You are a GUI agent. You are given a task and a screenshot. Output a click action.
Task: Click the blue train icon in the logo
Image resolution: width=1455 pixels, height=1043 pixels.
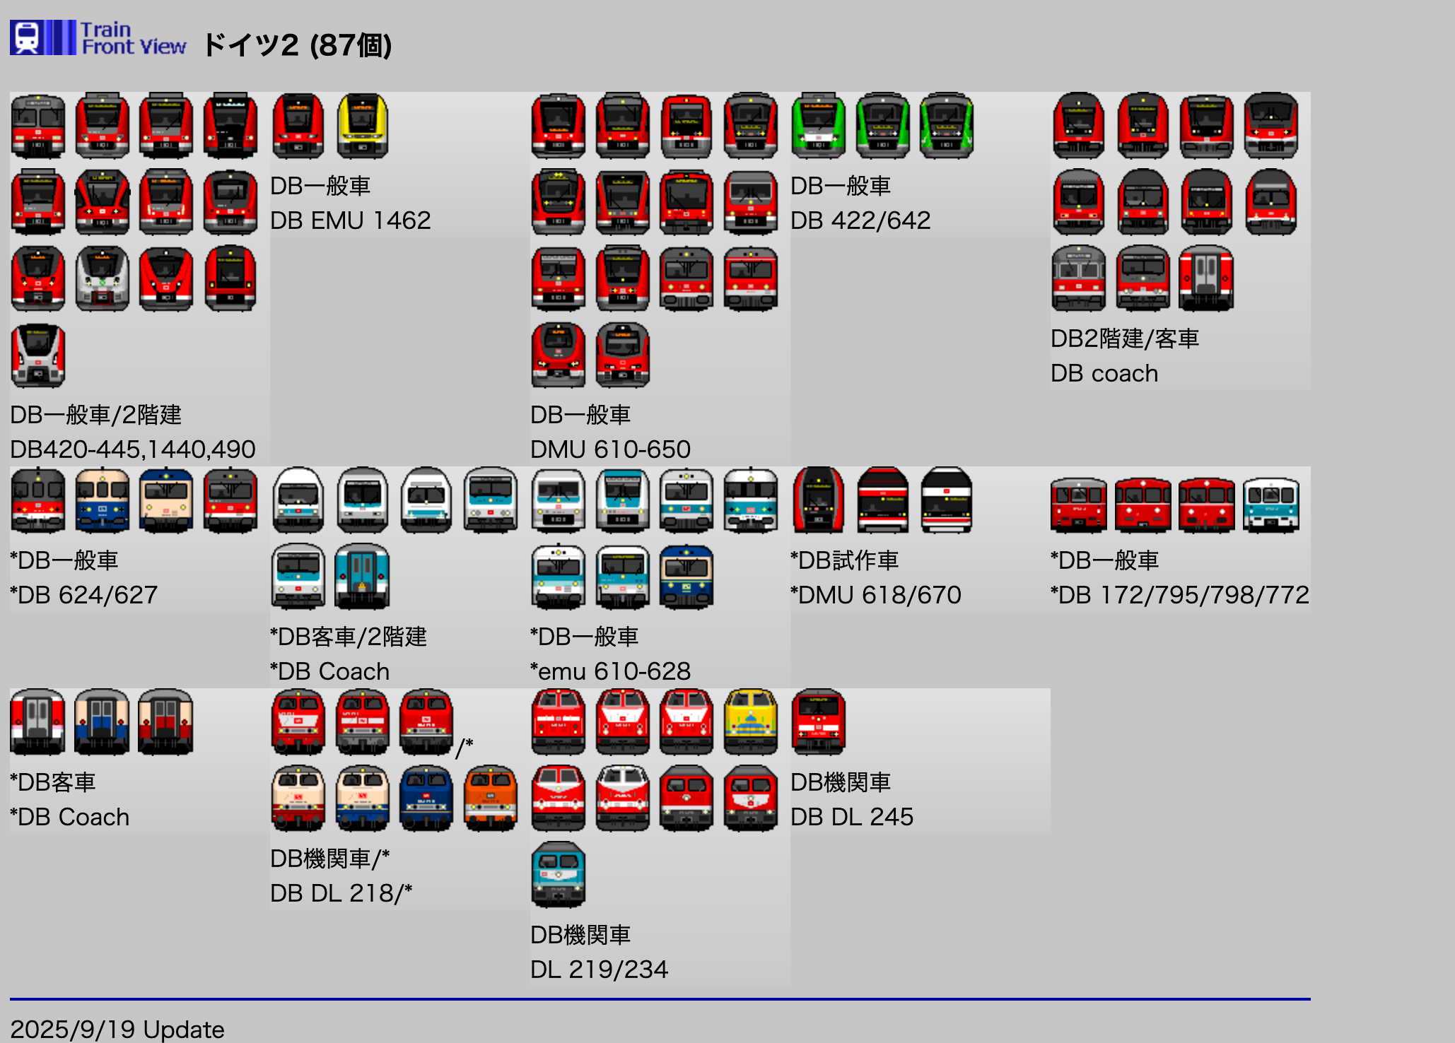coord(27,37)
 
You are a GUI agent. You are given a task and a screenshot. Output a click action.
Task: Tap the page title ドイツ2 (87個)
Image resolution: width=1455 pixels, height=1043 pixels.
coord(297,45)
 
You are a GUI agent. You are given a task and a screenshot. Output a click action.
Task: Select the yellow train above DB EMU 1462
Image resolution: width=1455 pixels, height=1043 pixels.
coord(363,126)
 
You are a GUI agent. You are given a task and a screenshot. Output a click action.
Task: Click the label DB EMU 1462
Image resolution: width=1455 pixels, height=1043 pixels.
coord(350,220)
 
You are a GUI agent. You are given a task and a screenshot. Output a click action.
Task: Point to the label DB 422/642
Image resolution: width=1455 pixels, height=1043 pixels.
coord(860,220)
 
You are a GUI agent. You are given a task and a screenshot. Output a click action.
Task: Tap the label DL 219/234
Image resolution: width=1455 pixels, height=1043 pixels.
coord(599,969)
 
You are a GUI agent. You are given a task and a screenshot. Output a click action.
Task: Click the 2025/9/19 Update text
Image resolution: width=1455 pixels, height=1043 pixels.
coord(117,1029)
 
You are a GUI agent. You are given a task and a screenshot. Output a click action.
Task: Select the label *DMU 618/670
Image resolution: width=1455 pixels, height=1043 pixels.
coord(875,595)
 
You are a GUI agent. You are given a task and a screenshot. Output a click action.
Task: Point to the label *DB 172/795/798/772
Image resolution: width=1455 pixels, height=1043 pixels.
coord(1179,595)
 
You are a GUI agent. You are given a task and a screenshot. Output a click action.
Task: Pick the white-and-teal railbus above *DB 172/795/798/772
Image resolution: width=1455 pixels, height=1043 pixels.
coord(1270,505)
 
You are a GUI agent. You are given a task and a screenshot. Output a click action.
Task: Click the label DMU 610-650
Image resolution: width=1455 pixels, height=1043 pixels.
coord(610,449)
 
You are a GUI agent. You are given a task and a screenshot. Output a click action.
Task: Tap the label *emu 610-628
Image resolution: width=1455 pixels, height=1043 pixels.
coord(610,671)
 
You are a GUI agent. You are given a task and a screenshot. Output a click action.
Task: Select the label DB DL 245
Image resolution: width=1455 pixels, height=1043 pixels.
coord(851,817)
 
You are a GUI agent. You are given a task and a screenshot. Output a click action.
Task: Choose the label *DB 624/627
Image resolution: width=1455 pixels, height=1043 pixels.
coord(83,595)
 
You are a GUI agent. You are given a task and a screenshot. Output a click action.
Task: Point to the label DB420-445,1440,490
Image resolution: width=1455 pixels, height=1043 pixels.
coord(133,449)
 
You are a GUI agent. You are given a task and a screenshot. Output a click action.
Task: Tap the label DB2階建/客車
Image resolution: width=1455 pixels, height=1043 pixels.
coord(1124,338)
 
